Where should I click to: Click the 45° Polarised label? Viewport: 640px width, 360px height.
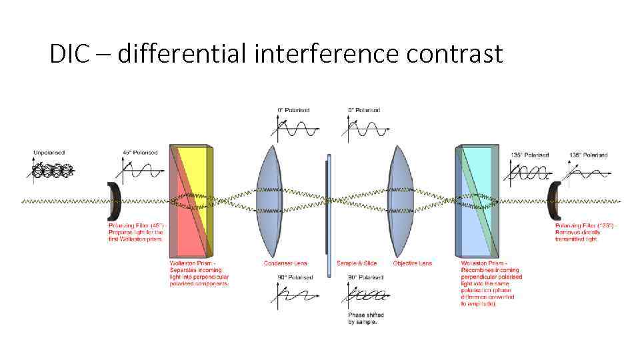point(141,153)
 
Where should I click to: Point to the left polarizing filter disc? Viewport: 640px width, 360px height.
point(115,201)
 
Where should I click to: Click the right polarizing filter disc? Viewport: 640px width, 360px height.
point(554,201)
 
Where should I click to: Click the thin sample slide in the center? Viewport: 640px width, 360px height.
point(328,213)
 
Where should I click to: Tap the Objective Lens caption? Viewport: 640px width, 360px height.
point(412,263)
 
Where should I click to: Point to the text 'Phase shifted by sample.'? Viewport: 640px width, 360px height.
point(363,318)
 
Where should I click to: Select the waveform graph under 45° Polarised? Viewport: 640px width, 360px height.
point(141,171)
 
